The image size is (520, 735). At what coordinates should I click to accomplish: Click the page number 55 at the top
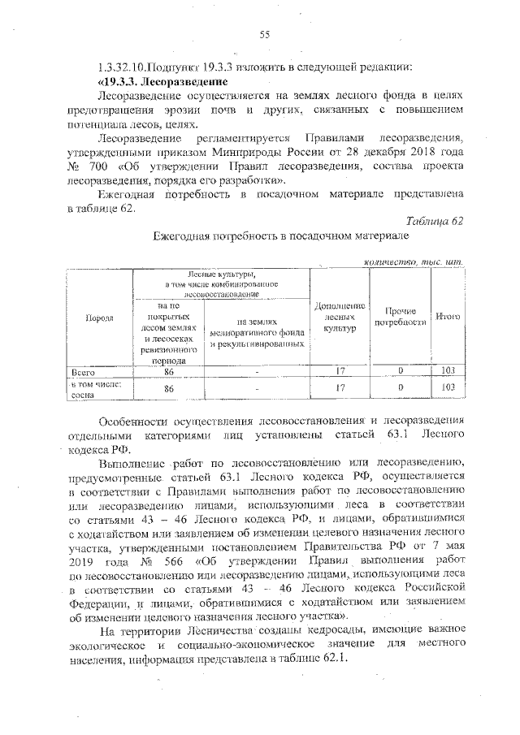[x=264, y=33]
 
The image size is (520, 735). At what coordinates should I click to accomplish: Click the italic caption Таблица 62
[x=434, y=221]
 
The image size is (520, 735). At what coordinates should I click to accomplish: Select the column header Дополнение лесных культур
[x=340, y=317]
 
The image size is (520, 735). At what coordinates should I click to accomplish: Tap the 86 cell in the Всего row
[x=169, y=370]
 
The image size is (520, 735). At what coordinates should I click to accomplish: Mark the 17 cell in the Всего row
[x=340, y=370]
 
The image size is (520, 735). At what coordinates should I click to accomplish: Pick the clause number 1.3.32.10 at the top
[x=124, y=67]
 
